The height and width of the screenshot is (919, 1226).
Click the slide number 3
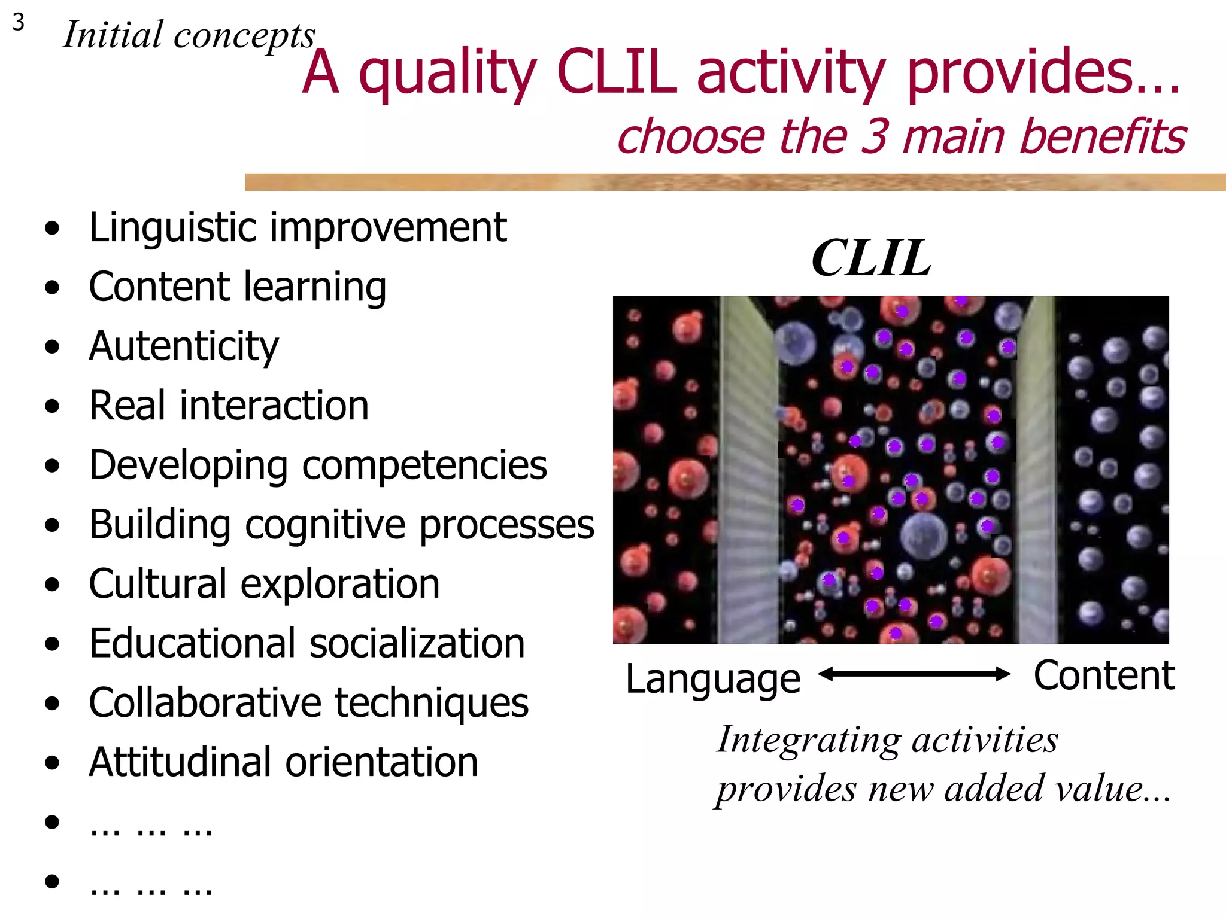(x=19, y=23)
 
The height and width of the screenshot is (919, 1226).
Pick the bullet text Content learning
(x=238, y=287)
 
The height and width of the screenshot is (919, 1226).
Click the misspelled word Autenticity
(x=184, y=346)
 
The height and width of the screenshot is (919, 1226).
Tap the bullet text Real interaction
(x=229, y=406)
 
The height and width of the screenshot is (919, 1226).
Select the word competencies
(x=424, y=465)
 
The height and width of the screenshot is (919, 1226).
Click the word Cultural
(x=157, y=584)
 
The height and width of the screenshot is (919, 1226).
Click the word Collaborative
(x=205, y=702)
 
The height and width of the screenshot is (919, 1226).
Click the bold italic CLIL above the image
(x=871, y=258)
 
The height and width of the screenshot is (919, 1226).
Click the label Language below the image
(x=712, y=679)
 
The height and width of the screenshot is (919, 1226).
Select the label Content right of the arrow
(x=1104, y=675)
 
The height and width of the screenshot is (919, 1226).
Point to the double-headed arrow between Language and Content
(x=914, y=675)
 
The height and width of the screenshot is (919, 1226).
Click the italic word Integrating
(x=808, y=741)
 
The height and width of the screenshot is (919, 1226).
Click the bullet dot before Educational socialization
(x=53, y=644)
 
